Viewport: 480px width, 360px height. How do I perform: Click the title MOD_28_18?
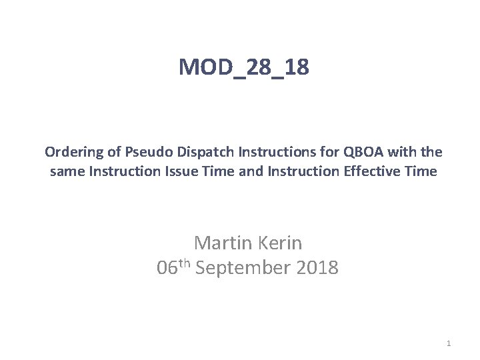(244, 67)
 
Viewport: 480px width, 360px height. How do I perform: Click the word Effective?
(378, 171)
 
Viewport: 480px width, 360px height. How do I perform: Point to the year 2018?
(316, 268)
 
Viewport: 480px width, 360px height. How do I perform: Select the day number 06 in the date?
(167, 268)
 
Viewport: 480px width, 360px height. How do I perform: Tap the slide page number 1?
(449, 343)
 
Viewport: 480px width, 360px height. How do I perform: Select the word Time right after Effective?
(422, 171)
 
